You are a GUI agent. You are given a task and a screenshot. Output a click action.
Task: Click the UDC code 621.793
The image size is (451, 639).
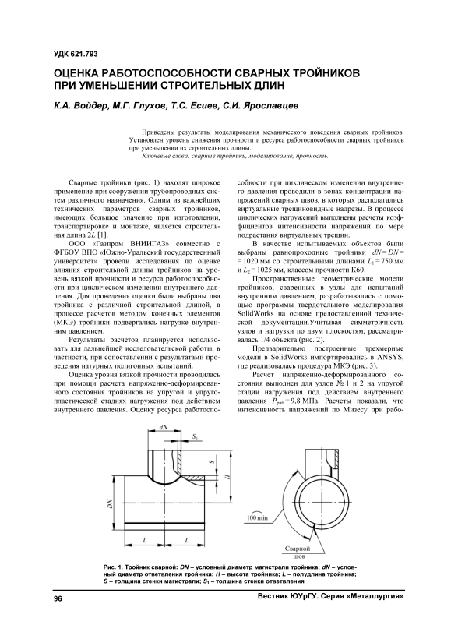[x=85, y=55]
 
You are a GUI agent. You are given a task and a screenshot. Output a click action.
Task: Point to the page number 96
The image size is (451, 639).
[x=58, y=598]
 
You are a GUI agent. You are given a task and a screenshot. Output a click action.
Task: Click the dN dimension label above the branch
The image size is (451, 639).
[x=164, y=427]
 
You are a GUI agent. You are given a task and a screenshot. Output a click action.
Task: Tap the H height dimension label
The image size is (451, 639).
[x=227, y=475]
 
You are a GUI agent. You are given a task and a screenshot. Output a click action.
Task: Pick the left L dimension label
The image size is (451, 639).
[x=144, y=540]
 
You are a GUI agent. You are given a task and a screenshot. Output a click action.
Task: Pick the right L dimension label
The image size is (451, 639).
[x=186, y=540]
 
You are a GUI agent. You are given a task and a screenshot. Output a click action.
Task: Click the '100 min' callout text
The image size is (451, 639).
[x=257, y=518]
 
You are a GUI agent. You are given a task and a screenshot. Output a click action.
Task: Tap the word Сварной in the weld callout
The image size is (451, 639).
[x=297, y=549]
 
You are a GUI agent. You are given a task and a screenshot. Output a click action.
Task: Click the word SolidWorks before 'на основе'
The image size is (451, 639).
[x=254, y=313]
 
